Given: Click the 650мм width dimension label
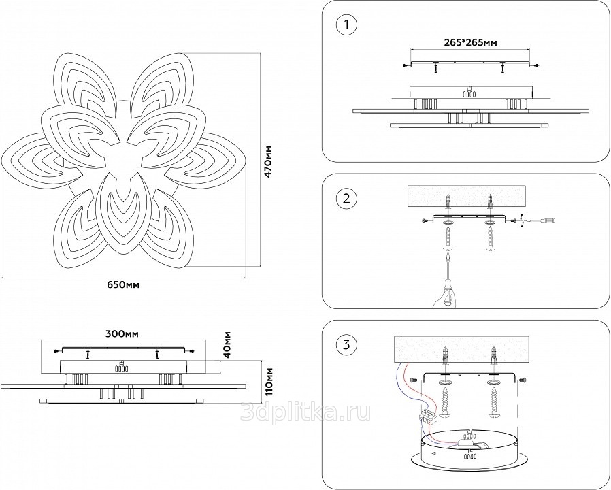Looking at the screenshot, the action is tap(123, 285).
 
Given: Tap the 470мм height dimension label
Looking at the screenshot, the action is tap(267, 162).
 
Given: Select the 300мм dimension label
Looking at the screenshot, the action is tap(122, 334).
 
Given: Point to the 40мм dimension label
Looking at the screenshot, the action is tap(227, 344).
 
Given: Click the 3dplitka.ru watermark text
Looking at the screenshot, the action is tap(305, 412).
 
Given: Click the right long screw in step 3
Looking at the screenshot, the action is tap(494, 406).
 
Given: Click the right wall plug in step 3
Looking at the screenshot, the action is tap(494, 355).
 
